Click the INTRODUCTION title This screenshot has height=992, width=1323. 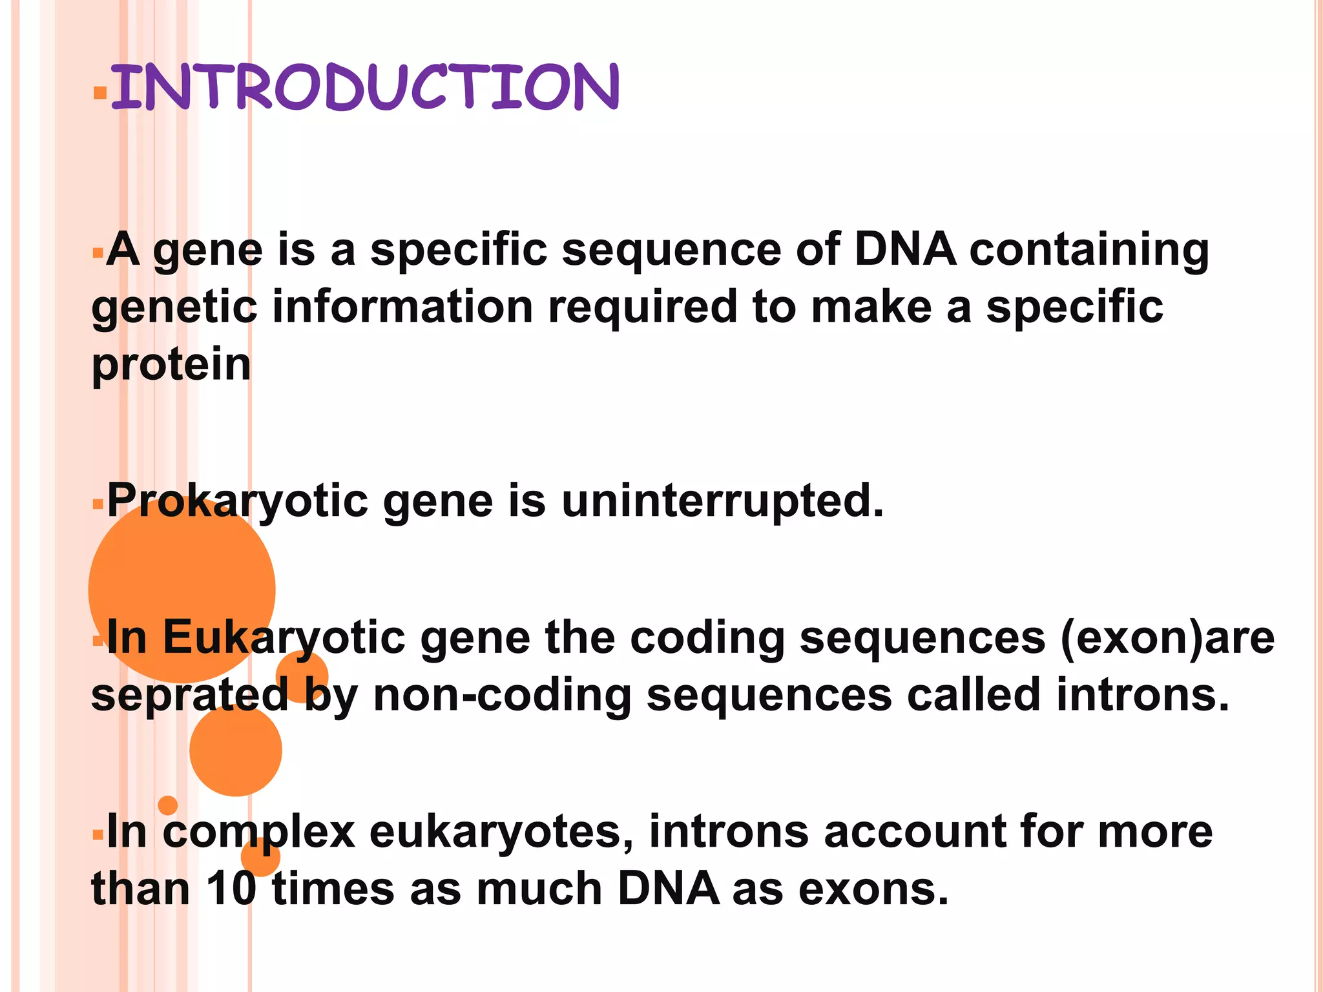(365, 87)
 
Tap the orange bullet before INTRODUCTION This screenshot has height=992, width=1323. (99, 93)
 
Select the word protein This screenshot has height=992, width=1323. (171, 366)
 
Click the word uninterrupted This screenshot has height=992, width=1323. (722, 501)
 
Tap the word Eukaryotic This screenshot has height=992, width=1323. (284, 638)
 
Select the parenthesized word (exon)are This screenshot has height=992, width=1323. (1167, 638)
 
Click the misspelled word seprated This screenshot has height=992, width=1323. (189, 696)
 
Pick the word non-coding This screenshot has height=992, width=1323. (502, 696)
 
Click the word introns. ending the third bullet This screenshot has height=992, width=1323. (1143, 696)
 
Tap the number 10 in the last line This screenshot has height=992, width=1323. (231, 889)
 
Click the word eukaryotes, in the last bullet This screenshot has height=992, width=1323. (501, 832)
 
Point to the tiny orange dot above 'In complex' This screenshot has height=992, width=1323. (168, 805)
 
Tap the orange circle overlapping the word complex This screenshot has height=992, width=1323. (260, 857)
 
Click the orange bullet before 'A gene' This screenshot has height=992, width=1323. (98, 253)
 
